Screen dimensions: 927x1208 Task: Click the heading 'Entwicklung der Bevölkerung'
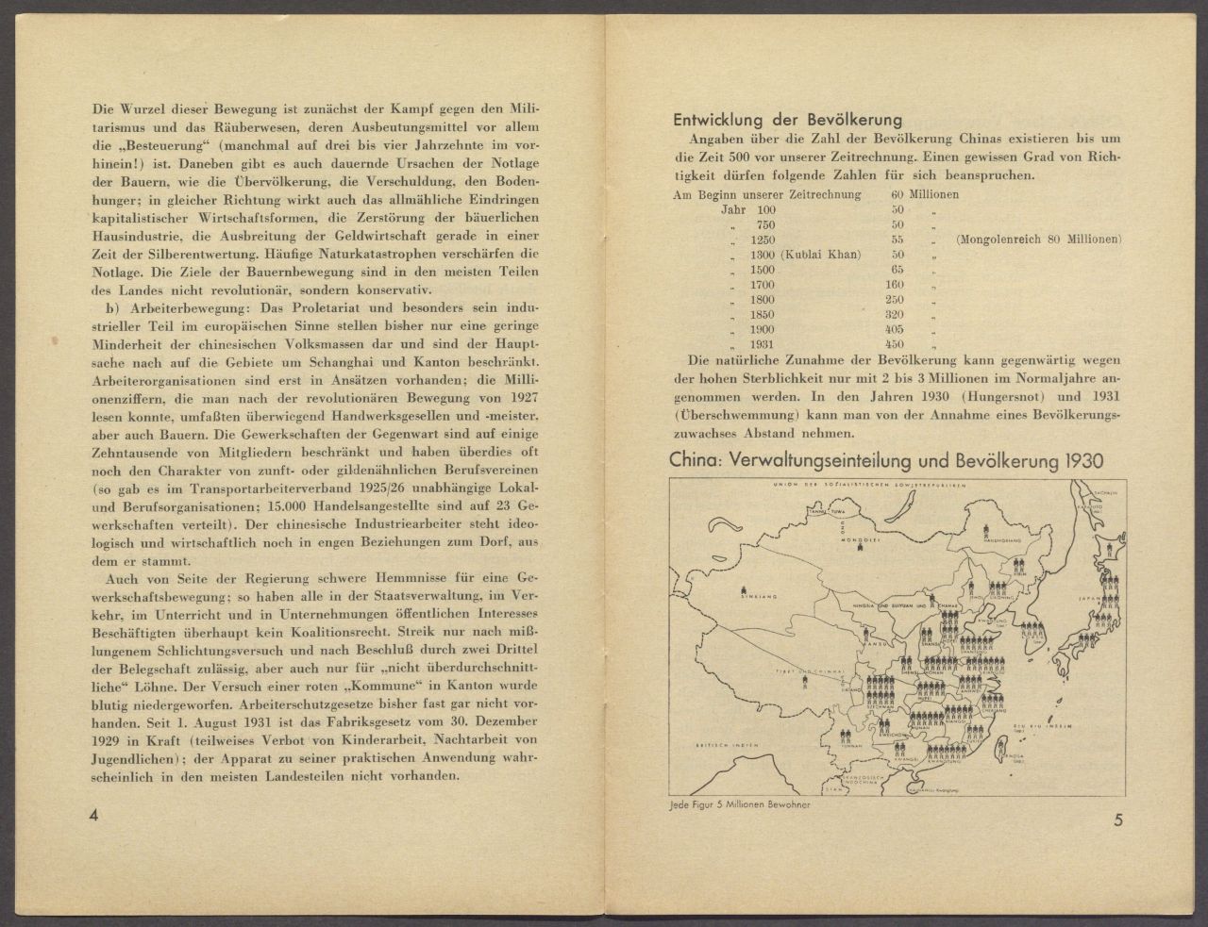[787, 120]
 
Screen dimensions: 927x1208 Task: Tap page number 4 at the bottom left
[93, 816]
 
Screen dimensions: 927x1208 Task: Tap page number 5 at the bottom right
[1117, 819]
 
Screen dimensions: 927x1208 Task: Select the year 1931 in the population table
[762, 344]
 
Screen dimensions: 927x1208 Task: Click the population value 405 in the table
[898, 329]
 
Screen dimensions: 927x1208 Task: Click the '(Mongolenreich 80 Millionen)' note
[1038, 240]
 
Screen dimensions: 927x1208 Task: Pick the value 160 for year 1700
[898, 285]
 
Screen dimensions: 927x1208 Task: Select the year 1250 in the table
[762, 240]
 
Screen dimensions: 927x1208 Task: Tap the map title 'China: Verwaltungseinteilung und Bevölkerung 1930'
[885, 461]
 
